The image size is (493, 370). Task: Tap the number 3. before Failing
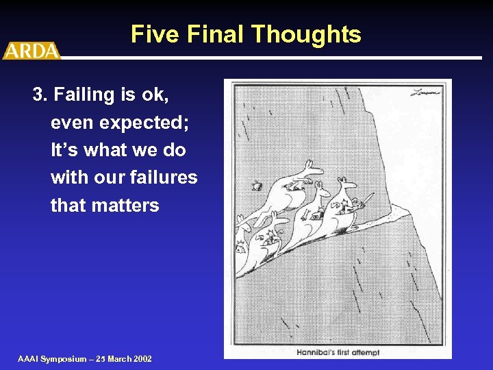pyautogui.click(x=40, y=95)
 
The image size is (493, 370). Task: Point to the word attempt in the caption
pyautogui.click(x=366, y=352)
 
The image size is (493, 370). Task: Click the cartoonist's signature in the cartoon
pyautogui.click(x=425, y=92)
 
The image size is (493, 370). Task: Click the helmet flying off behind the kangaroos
pyautogui.click(x=257, y=185)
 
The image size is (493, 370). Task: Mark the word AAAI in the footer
pyautogui.click(x=29, y=359)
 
